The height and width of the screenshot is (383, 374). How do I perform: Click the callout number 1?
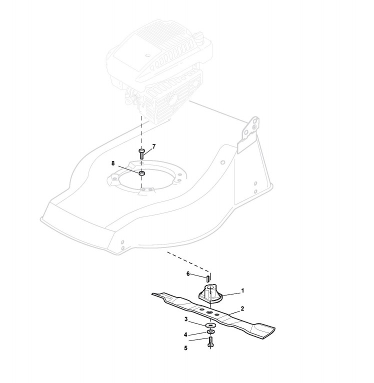click(242, 290)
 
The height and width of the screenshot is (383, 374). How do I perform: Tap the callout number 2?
click(242, 308)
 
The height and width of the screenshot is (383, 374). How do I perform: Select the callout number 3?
click(185, 318)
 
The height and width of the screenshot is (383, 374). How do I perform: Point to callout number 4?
click(185, 334)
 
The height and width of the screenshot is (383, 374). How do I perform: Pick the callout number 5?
click(185, 347)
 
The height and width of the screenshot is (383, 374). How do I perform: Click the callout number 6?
click(187, 273)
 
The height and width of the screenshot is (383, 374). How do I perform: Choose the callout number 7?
click(154, 146)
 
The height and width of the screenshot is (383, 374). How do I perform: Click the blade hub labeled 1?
click(209, 293)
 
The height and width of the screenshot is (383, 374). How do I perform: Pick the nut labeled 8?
click(141, 173)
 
